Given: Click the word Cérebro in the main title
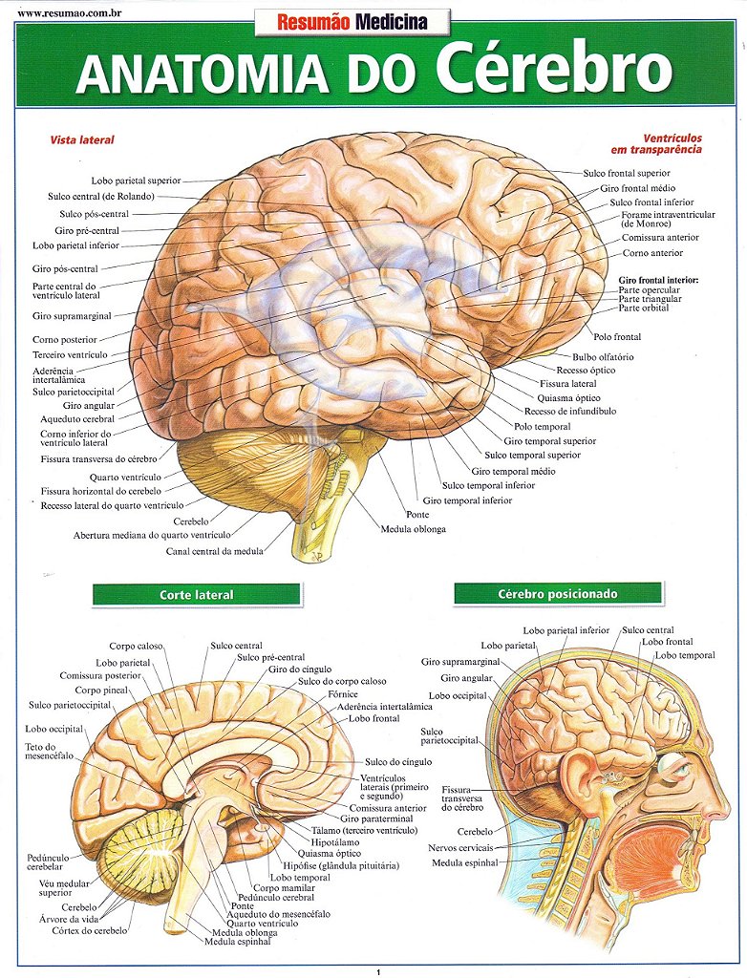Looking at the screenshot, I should pyautogui.click(x=554, y=69).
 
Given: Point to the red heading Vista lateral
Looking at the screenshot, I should pyautogui.click(x=82, y=140).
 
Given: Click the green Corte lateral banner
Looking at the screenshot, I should pyautogui.click(x=196, y=595).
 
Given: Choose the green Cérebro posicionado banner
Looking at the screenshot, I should pyautogui.click(x=558, y=594).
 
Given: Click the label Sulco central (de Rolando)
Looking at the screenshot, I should pyautogui.click(x=101, y=197).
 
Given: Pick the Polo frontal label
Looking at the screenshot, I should pyautogui.click(x=617, y=337).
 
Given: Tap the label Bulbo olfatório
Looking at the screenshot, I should pyautogui.click(x=603, y=357).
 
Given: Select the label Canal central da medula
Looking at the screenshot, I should pyautogui.click(x=215, y=551).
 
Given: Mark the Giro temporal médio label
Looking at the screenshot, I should pyautogui.click(x=513, y=471).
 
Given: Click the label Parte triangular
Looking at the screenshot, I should pyautogui.click(x=650, y=299).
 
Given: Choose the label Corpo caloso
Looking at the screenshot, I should pyautogui.click(x=136, y=647).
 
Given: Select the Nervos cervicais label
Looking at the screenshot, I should pyautogui.click(x=460, y=847).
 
